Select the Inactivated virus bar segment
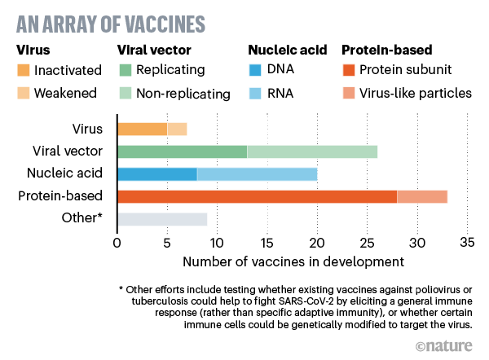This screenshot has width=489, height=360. click(x=142, y=129)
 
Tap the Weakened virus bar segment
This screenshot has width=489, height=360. click(x=177, y=129)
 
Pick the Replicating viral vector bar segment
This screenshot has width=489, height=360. click(x=182, y=151)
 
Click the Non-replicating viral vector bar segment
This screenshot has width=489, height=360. click(x=312, y=151)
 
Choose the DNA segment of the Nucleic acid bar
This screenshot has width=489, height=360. click(x=157, y=173)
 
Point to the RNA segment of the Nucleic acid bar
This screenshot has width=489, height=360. click(x=257, y=173)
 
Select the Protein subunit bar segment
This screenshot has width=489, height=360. click(x=257, y=196)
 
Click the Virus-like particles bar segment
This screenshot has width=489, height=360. click(x=422, y=196)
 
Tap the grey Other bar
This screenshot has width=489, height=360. click(x=162, y=218)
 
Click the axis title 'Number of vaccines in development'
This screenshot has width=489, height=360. click(x=293, y=261)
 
